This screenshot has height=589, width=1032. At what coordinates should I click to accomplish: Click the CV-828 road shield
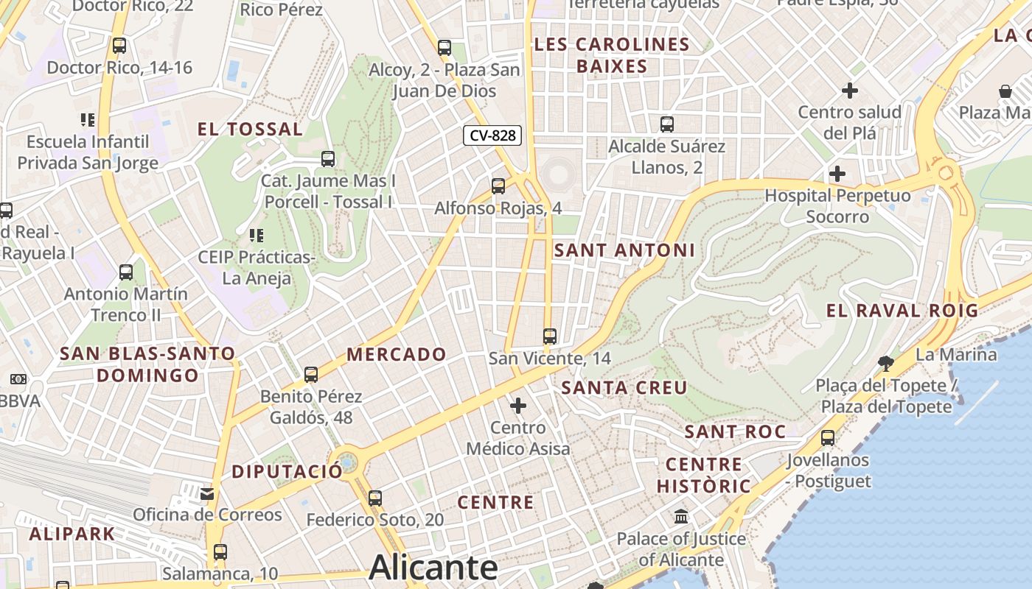pos(492,135)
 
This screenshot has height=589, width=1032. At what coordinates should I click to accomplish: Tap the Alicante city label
pos(433,568)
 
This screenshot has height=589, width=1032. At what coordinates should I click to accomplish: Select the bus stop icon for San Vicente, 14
pos(549,336)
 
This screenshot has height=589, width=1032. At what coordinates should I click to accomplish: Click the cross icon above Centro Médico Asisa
pos(518,406)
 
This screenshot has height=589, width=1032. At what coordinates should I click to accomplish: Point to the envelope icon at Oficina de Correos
pos(207,493)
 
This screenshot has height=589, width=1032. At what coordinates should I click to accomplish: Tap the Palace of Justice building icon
pos(681,516)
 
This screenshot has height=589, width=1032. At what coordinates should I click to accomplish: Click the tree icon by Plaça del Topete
pos(885,363)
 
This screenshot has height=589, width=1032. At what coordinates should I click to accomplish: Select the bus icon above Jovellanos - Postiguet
pos(828,438)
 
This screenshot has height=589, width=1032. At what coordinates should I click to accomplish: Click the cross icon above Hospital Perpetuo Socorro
pos(837,174)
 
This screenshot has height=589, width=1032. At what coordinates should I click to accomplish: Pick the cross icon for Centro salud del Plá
pos(850,91)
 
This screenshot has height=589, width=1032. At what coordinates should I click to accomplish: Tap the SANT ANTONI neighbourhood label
pos(624,250)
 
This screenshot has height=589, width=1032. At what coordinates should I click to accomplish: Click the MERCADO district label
pos(397,355)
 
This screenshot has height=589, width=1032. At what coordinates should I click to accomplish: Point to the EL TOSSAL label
pos(250,130)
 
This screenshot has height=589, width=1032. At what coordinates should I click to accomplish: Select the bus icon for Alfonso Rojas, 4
pos(498,186)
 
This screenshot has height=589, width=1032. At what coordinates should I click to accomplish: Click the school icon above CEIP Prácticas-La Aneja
pos(256,236)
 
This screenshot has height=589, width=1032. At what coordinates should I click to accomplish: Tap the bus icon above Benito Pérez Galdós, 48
pos(311,375)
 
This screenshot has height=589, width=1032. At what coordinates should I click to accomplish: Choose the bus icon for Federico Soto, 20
pos(375,498)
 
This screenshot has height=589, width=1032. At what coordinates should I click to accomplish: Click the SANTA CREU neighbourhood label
pos(624,388)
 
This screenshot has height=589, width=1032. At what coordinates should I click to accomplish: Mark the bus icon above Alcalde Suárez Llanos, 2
pos(667,124)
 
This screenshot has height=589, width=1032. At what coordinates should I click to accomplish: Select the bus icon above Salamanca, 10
pos(220,551)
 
